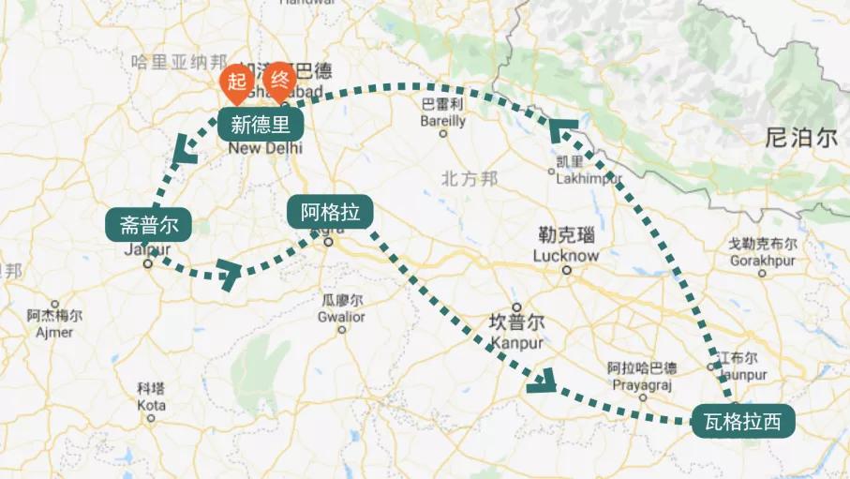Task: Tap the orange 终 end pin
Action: coord(280,81)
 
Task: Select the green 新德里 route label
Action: coord(261,124)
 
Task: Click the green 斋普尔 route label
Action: coord(149,224)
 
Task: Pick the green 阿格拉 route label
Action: coord(330,212)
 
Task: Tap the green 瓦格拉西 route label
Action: coord(742,421)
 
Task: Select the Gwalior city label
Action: coord(341,316)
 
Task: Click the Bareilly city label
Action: coord(442,121)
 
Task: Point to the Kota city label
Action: coord(151,406)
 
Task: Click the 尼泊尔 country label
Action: coord(800,139)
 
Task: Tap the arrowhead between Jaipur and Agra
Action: coord(229,273)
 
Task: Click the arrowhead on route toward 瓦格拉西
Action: coord(542,380)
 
